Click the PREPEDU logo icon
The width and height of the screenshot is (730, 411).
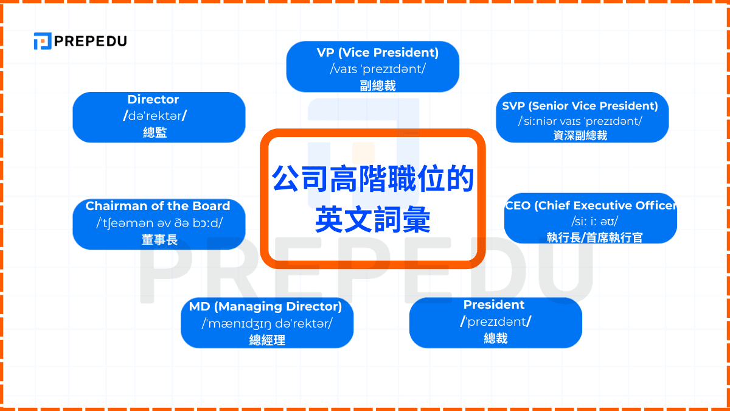point(42,41)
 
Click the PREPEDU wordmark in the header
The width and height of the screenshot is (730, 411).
point(90,41)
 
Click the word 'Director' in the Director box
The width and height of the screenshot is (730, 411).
point(153,99)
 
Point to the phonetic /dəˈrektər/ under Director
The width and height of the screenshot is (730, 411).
point(155,116)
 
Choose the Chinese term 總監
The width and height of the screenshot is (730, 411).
point(154,133)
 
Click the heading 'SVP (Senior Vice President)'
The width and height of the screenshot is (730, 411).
point(580,106)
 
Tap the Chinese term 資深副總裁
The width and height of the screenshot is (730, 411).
point(580,135)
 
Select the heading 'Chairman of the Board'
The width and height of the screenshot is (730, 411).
point(158,206)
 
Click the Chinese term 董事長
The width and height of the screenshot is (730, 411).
point(159,240)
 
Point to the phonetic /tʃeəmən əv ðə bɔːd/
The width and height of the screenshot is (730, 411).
point(159,223)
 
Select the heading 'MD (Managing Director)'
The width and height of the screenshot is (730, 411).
point(265,306)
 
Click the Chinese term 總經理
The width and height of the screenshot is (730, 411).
point(267,340)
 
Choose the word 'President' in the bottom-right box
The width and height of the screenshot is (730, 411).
point(494,304)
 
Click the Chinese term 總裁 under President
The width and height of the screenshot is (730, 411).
point(496,338)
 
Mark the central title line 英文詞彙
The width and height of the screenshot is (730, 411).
point(373,220)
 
